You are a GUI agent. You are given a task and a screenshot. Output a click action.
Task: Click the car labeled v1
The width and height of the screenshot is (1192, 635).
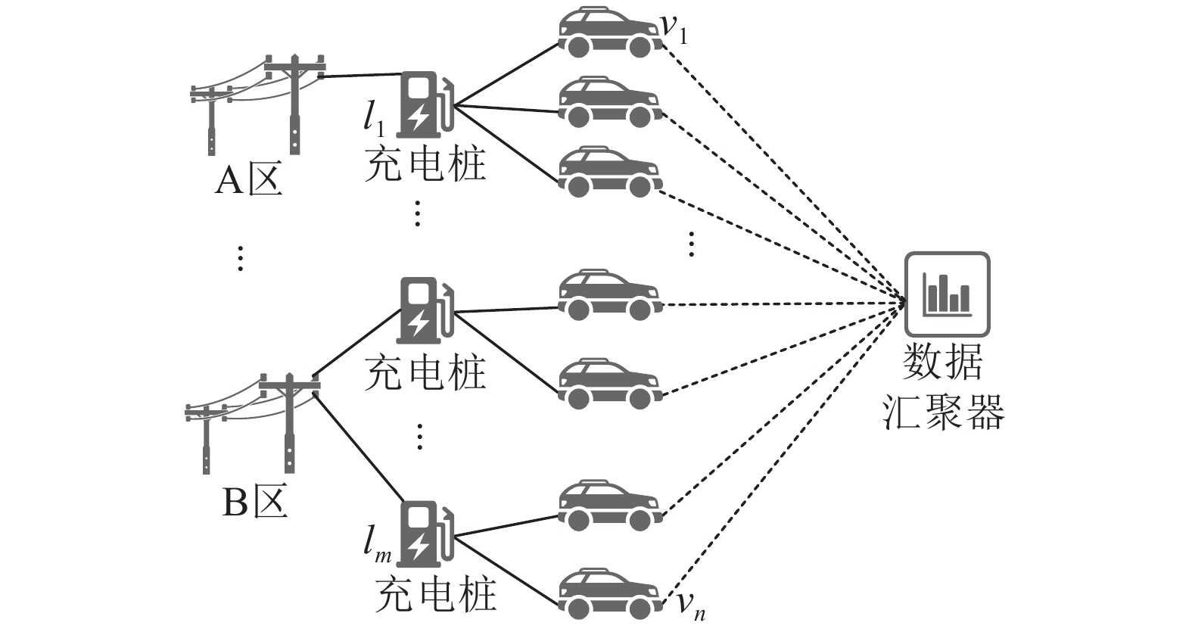(608, 32)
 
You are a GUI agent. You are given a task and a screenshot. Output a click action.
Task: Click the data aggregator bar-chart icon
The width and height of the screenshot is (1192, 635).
(947, 294)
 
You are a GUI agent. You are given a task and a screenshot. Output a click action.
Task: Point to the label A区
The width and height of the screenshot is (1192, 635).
(248, 181)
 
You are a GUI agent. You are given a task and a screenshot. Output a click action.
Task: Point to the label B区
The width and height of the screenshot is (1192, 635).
(254, 502)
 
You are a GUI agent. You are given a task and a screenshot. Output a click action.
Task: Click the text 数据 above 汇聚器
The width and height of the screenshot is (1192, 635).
(944, 362)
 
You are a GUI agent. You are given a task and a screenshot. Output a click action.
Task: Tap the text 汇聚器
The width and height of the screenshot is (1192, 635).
(944, 412)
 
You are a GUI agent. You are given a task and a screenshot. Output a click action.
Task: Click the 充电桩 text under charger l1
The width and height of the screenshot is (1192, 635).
(425, 164)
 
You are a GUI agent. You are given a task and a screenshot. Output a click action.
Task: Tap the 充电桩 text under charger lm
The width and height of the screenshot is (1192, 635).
(436, 595)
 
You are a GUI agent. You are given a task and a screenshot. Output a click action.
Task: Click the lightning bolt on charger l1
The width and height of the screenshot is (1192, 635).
(419, 117)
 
